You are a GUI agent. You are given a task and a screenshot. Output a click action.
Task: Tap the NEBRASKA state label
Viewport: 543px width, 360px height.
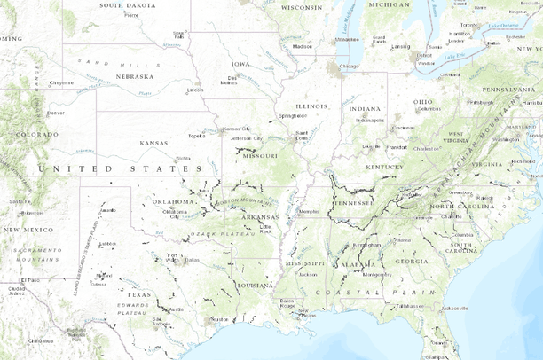136,76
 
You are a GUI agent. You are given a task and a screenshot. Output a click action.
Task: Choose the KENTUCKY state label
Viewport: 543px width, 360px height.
382,167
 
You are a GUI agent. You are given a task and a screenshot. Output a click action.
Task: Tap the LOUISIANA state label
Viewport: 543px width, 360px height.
255,286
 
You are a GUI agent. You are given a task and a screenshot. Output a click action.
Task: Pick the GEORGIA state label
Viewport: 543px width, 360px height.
411,262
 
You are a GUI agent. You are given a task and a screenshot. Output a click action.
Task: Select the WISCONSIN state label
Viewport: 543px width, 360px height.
301,7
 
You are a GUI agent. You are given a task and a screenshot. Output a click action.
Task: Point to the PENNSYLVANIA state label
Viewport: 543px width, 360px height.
508,90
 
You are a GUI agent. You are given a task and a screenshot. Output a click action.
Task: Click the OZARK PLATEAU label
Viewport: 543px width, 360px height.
210,233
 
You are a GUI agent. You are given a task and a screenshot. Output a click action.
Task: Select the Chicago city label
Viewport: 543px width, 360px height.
349,67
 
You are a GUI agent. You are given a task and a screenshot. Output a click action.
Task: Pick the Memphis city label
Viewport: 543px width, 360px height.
308,213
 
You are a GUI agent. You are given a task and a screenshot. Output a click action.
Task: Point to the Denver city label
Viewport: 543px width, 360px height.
55,113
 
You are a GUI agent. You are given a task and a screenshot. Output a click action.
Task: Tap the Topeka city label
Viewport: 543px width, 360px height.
196,136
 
